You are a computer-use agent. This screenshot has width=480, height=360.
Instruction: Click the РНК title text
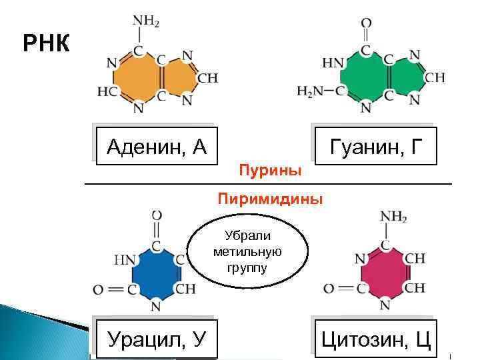[46, 44]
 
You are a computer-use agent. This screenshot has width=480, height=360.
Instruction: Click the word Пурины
[270, 171]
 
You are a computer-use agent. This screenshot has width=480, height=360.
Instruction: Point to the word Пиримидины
[270, 199]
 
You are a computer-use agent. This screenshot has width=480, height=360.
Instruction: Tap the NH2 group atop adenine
[146, 21]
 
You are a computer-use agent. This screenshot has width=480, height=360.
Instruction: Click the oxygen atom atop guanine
[366, 23]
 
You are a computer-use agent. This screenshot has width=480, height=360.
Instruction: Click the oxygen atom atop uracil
[157, 215]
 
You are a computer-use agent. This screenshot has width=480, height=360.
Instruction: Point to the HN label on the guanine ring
[333, 64]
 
